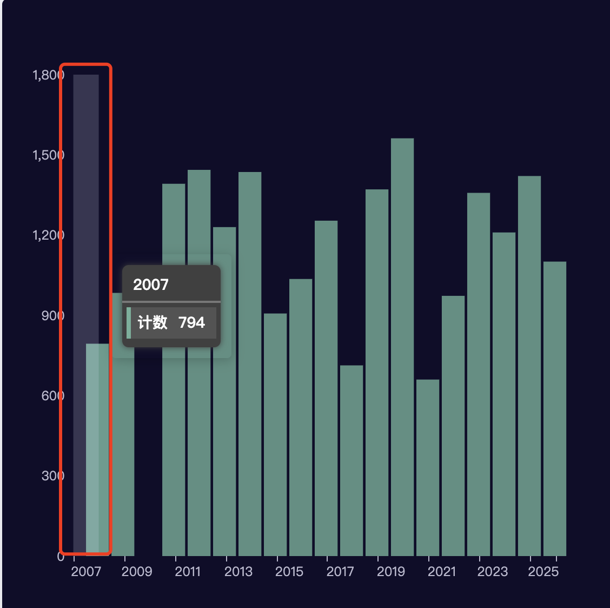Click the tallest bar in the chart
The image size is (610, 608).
[402, 346]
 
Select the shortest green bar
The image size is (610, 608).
[428, 467]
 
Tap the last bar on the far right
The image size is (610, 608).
[554, 408]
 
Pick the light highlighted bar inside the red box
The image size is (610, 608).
[97, 449]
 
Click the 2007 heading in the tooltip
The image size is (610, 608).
[151, 285]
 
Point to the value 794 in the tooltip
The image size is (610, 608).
[191, 323]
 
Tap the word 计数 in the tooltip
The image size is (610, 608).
[152, 323]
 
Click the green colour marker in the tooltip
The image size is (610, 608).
[129, 323]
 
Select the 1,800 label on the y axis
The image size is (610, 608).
[48, 75]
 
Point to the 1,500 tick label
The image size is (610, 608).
[48, 155]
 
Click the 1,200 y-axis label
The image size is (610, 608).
[48, 235]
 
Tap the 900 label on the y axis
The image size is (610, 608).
[52, 316]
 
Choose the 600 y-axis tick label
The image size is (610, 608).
[52, 396]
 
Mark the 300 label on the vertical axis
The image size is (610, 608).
[52, 476]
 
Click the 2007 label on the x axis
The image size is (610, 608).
[86, 572]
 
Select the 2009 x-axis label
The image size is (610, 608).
[137, 572]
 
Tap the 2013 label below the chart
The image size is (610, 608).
[238, 572]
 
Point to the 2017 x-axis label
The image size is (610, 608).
[340, 572]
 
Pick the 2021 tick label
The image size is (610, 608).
[442, 572]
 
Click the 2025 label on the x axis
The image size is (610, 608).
[543, 572]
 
